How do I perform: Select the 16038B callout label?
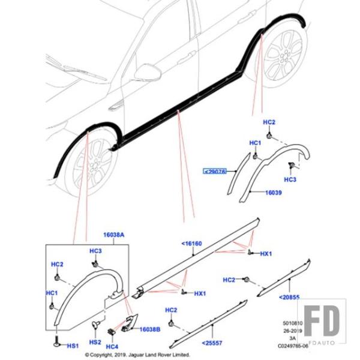coord(151,329)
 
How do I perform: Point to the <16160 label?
coord(191,244)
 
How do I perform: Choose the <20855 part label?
coord(289,298)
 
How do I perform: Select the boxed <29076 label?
coord(214,171)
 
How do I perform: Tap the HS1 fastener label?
coord(72,346)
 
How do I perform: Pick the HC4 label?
coord(112,347)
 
